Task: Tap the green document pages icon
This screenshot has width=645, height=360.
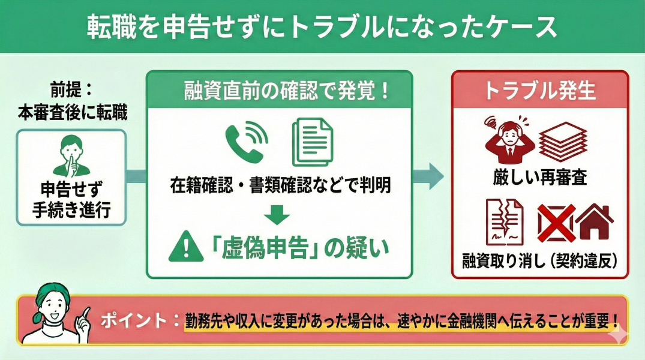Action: point(312,143)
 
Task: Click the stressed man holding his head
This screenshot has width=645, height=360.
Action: point(506,142)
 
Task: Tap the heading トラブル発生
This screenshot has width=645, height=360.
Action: point(539,91)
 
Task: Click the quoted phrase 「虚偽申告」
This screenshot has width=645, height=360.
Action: point(257,247)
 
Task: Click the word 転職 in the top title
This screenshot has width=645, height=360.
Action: point(107,26)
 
